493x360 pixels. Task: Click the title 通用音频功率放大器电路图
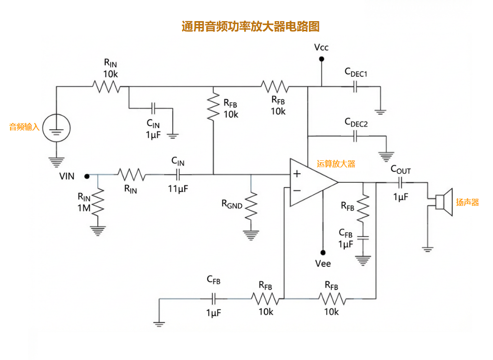pyautogui.click(x=250, y=26)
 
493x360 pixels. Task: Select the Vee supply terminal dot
pyautogui.click(x=323, y=252)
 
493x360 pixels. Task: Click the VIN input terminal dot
pyautogui.click(x=87, y=176)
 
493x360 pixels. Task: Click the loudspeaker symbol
pyautogui.click(x=444, y=202)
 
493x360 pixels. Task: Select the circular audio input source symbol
pyautogui.click(x=56, y=128)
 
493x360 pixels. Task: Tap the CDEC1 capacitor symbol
pyautogui.click(x=355, y=87)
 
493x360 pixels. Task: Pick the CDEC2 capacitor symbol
pyautogui.click(x=355, y=137)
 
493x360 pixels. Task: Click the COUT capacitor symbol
pyautogui.click(x=401, y=182)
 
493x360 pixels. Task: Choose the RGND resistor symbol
pyautogui.click(x=251, y=205)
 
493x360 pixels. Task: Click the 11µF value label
pyautogui.click(x=178, y=189)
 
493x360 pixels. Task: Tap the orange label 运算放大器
pyautogui.click(x=336, y=164)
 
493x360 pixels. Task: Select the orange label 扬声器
pyautogui.click(x=467, y=202)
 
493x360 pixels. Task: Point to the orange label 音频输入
pyautogui.click(x=24, y=127)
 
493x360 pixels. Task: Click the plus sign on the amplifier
pyautogui.click(x=297, y=174)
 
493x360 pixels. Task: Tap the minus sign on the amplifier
pyautogui.click(x=297, y=191)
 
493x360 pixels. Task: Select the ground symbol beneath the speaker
pyautogui.click(x=427, y=249)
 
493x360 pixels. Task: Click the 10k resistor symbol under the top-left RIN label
pyautogui.click(x=106, y=87)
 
